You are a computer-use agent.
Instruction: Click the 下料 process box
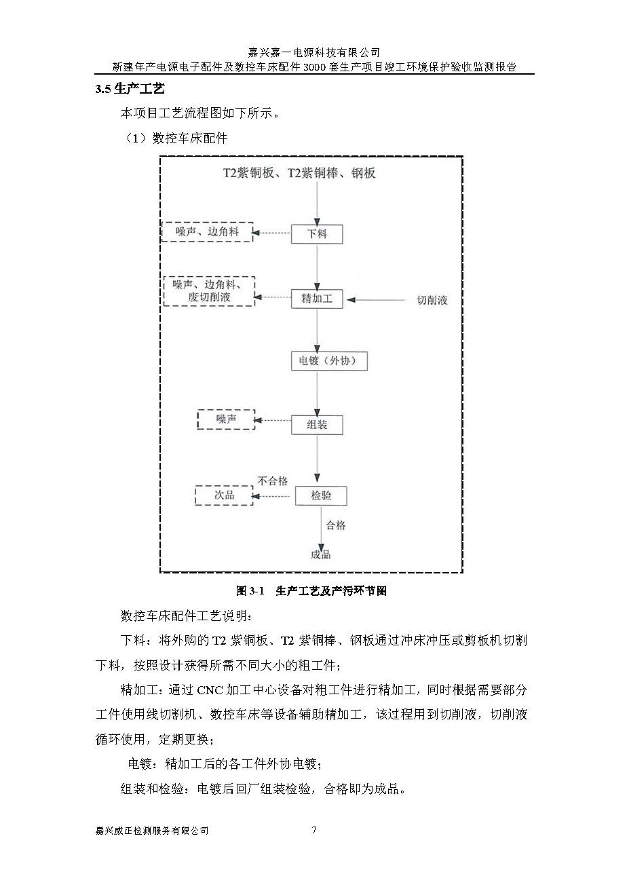click(317, 234)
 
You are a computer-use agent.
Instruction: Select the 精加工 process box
click(317, 298)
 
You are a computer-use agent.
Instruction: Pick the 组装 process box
click(317, 425)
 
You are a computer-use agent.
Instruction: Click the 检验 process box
click(321, 495)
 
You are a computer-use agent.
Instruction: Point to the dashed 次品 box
click(224, 495)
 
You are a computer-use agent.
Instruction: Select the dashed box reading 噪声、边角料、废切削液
click(210, 291)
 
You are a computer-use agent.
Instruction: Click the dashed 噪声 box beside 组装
click(226, 420)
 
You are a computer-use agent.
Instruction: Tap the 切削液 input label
click(432, 300)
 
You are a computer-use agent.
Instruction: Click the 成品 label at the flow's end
click(321, 554)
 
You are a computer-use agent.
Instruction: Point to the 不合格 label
click(273, 481)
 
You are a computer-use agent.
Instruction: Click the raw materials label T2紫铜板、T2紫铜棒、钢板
click(299, 173)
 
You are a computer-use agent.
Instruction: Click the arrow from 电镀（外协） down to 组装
click(317, 393)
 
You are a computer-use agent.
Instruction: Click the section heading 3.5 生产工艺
click(130, 89)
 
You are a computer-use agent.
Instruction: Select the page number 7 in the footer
click(314, 830)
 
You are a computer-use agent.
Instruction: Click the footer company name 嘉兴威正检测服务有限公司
click(152, 831)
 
